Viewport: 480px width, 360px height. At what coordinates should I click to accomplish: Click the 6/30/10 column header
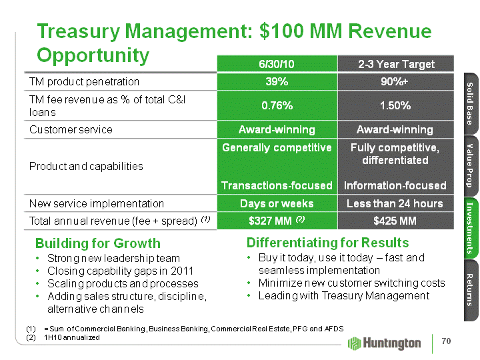tap(277, 64)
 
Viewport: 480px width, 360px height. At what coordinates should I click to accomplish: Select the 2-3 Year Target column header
tap(396, 64)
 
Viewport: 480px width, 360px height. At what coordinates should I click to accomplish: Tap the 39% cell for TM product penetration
tap(277, 81)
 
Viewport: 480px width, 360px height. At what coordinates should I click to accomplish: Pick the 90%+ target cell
tap(396, 81)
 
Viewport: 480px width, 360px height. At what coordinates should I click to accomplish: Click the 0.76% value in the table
tap(277, 105)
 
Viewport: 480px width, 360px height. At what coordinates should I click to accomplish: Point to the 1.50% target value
tap(396, 105)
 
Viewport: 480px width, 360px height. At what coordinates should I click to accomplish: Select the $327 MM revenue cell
tap(277, 221)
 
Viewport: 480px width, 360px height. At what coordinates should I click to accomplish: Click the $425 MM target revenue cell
tap(396, 221)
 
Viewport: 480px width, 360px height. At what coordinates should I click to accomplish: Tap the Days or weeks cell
tap(277, 203)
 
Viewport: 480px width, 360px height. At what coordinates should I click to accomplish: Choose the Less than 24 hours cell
tap(396, 203)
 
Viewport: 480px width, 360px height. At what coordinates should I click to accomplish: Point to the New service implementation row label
tap(96, 203)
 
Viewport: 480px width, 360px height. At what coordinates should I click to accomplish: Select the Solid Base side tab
tap(469, 103)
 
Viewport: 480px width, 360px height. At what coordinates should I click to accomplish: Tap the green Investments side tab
tap(469, 228)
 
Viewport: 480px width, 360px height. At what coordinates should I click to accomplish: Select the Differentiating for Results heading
tap(318, 242)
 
